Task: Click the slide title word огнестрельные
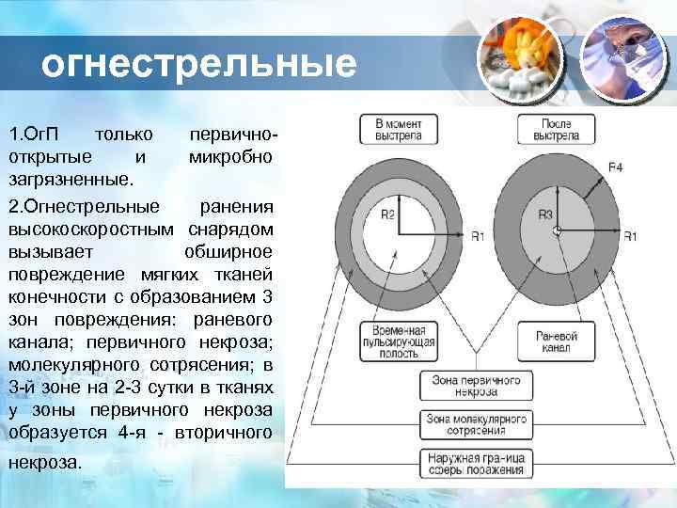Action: coord(199,65)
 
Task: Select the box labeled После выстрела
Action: coord(556,130)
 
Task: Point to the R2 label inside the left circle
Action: coord(387,214)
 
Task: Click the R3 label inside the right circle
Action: coord(545,215)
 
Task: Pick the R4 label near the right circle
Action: coord(615,167)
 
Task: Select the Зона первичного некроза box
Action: coord(476,386)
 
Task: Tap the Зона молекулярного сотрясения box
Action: coord(476,423)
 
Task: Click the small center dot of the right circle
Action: coord(557,230)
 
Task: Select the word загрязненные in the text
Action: coord(71,176)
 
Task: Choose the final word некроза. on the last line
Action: coord(45,463)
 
